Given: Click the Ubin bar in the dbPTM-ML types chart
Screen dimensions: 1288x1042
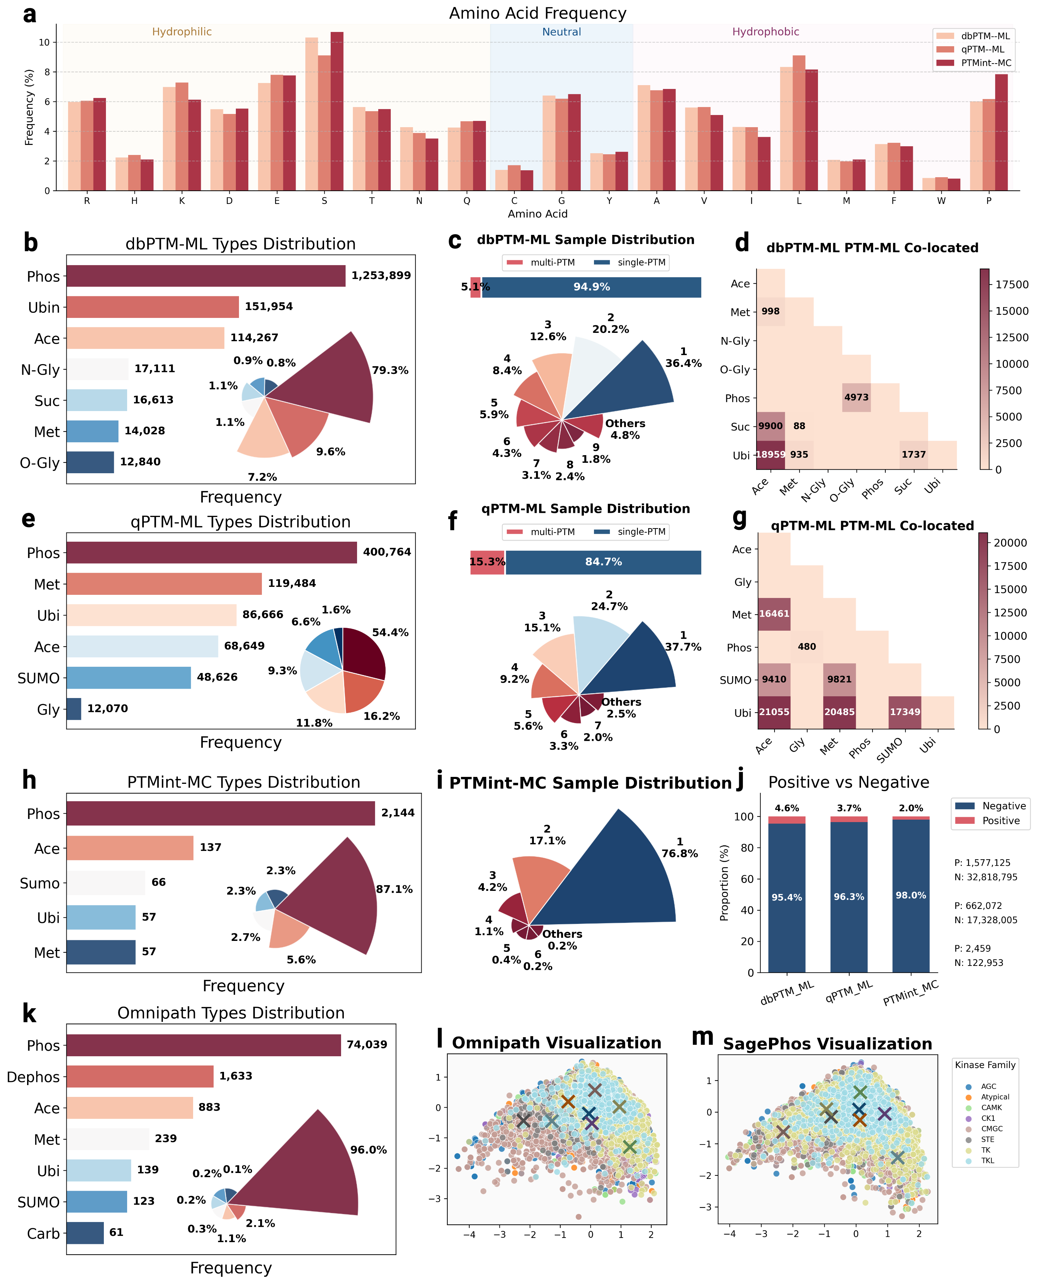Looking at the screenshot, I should [x=152, y=307].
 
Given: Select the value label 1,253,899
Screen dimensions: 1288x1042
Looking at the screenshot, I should [x=381, y=276].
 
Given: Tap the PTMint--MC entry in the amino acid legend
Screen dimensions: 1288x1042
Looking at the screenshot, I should [x=986, y=63].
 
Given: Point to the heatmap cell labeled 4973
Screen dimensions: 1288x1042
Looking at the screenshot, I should [x=856, y=397].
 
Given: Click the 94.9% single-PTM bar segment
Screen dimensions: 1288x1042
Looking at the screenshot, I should [x=591, y=287].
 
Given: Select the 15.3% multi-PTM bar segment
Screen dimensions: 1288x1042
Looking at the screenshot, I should [x=487, y=562].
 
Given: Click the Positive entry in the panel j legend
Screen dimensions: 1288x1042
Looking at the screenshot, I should [x=1001, y=821].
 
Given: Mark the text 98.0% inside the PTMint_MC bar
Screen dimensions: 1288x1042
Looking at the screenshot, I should [x=911, y=895].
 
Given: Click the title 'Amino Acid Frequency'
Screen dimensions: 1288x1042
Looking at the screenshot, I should [x=537, y=13].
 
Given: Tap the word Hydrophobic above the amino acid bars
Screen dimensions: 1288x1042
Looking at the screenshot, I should [x=765, y=32].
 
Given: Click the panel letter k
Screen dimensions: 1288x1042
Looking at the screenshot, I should [x=29, y=1014].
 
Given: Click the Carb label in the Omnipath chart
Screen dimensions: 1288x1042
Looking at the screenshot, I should [x=43, y=1234].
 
